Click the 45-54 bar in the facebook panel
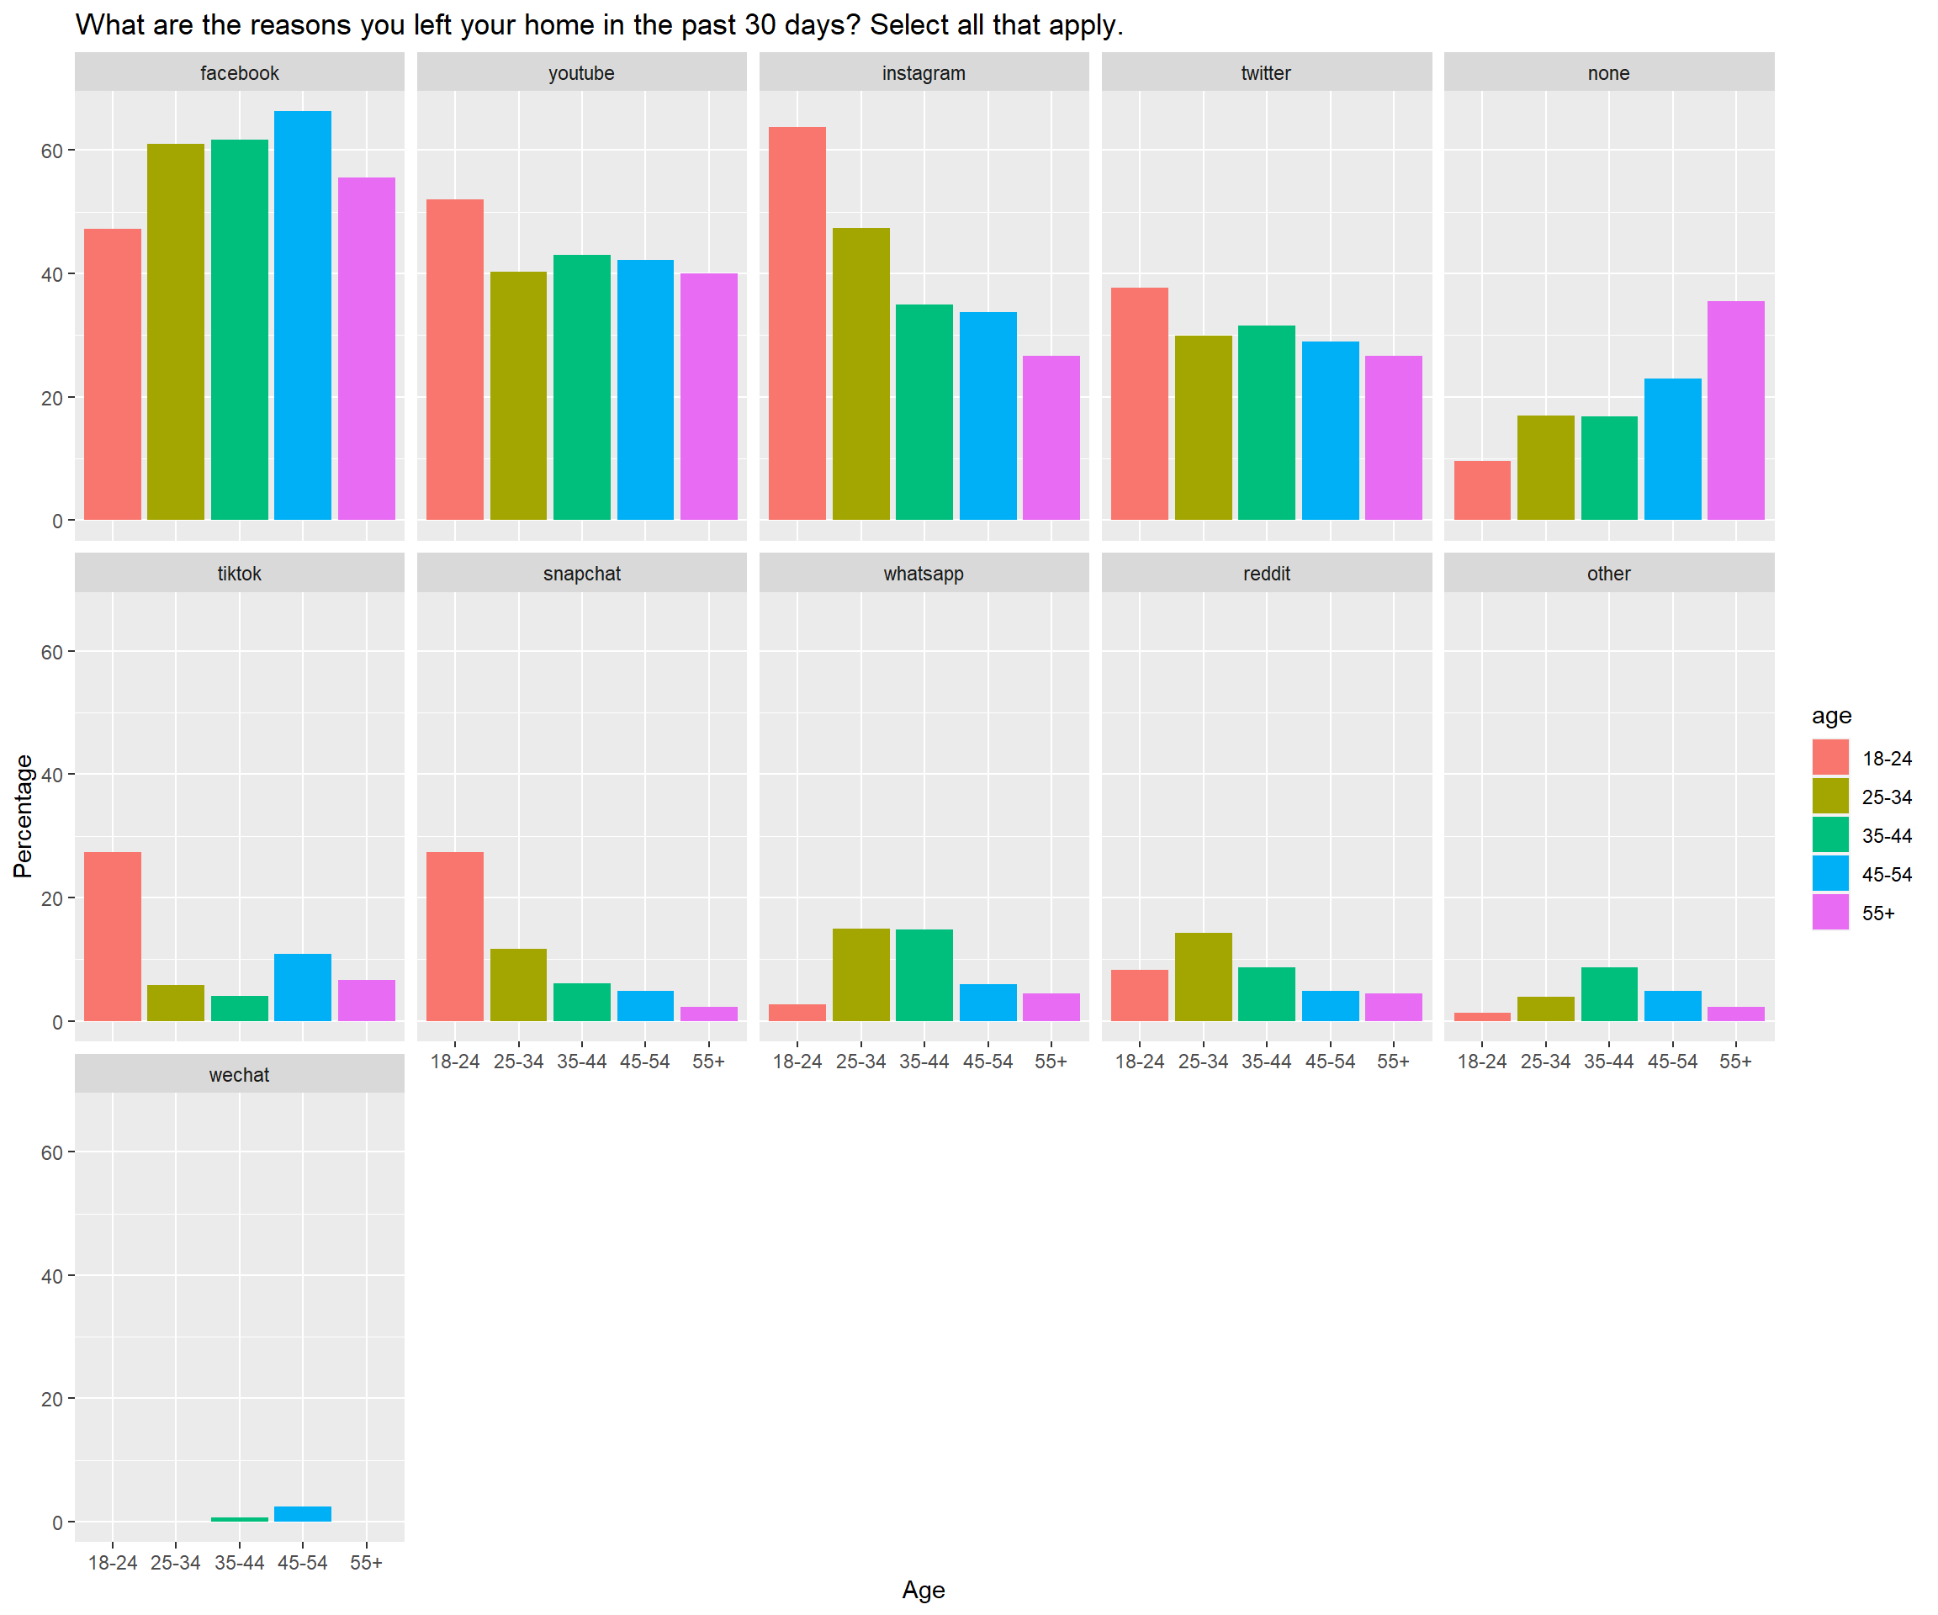pyautogui.click(x=303, y=315)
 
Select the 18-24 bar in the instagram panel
pyautogui.click(x=797, y=323)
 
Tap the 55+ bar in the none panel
pyautogui.click(x=1736, y=410)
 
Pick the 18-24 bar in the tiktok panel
pyautogui.click(x=113, y=936)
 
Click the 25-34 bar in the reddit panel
pyautogui.click(x=1204, y=977)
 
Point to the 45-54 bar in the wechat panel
pyautogui.click(x=303, y=1513)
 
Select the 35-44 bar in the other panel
pyautogui.click(x=1608, y=994)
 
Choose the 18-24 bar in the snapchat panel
pyautogui.click(x=455, y=936)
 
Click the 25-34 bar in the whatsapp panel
pyautogui.click(x=861, y=975)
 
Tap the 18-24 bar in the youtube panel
pyautogui.click(x=455, y=360)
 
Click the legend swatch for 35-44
pyautogui.click(x=1830, y=835)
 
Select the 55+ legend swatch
pyautogui.click(x=1830, y=913)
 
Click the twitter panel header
pyautogui.click(x=1266, y=73)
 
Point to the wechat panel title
pyautogui.click(x=239, y=1075)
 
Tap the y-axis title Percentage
pyautogui.click(x=23, y=816)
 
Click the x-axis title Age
pyautogui.click(x=923, y=1589)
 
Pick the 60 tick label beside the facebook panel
pyautogui.click(x=51, y=151)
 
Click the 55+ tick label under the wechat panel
pyautogui.click(x=367, y=1562)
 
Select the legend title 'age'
pyautogui.click(x=1831, y=716)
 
